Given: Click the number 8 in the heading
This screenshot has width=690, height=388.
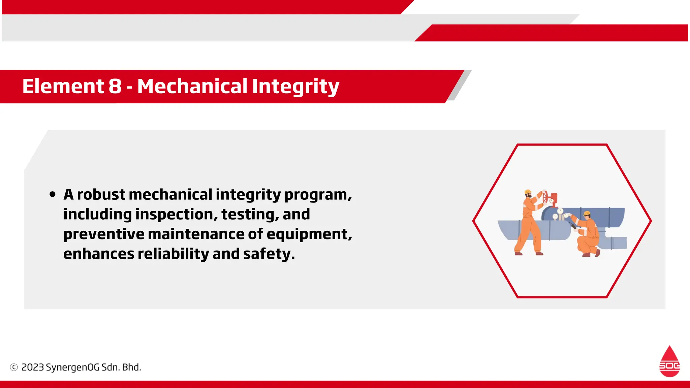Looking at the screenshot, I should click(115, 86).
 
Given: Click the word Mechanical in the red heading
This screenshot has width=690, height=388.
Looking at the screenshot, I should click(192, 86).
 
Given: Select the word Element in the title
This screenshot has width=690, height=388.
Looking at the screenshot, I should click(63, 86).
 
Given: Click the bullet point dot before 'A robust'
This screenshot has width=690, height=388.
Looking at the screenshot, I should click(52, 194).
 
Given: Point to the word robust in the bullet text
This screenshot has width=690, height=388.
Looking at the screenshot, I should click(101, 195).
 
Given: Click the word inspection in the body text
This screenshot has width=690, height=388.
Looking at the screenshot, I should click(176, 215).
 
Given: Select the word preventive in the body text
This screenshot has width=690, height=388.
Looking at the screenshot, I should click(103, 234).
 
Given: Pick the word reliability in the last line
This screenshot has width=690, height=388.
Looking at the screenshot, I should click(173, 254).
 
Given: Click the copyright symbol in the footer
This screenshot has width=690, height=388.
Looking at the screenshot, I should click(14, 367).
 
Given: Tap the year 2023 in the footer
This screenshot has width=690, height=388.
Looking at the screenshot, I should click(33, 367).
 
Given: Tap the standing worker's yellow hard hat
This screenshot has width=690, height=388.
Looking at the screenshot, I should click(528, 192).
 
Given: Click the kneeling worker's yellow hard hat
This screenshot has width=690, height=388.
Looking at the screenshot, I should click(587, 213).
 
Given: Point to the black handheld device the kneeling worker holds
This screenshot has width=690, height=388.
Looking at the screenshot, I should click(572, 225).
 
